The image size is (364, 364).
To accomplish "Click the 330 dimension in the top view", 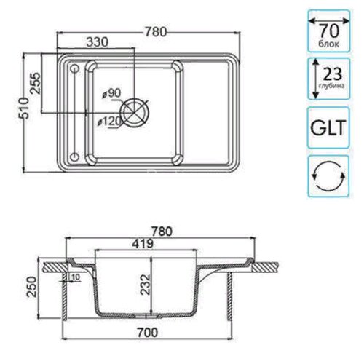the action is coord(98,42).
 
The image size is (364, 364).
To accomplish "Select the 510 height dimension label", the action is coord(24,108).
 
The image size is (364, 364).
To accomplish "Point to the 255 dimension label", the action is coord(36,83).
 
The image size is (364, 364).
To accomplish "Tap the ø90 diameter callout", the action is coord(111,93).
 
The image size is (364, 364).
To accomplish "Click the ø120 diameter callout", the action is coord(109,121).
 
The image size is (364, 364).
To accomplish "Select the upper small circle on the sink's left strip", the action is coord(74,69).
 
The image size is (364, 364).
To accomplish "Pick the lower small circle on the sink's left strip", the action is coord(74,157).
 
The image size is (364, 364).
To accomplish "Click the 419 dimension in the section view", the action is coord(143,244).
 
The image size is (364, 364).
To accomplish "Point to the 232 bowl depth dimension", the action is coord(146,285).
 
